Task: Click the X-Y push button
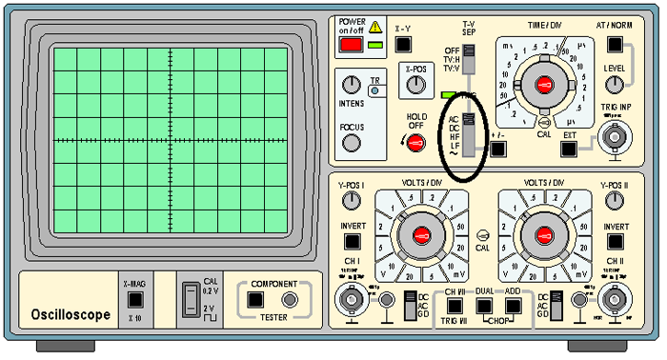tap(403, 44)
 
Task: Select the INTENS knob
tap(352, 85)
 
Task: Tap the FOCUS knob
tap(352, 143)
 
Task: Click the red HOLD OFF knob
tap(415, 143)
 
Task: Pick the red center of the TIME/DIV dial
tap(544, 86)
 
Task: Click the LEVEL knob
tap(615, 85)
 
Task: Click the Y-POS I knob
tap(353, 200)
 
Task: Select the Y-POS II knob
tap(615, 200)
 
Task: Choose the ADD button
tap(515, 306)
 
